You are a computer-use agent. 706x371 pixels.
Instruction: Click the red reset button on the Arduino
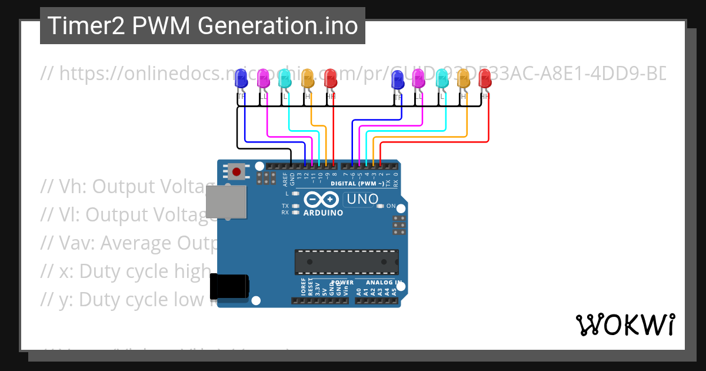pos(237,172)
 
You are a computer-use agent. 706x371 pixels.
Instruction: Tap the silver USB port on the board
pos(225,202)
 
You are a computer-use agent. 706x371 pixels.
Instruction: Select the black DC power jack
pos(230,287)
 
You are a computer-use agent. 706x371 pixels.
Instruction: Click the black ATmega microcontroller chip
pos(347,262)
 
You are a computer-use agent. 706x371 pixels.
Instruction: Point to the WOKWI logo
pos(625,324)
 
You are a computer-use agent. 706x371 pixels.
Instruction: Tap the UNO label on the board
pos(362,199)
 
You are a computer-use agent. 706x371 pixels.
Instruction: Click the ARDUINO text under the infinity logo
pos(323,213)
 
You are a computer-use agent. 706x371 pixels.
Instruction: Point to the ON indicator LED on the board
pos(381,206)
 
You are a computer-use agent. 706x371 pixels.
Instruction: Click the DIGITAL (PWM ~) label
pos(357,183)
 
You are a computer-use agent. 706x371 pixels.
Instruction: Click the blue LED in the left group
pos(241,79)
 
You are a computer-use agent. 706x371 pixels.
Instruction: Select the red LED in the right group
pos(485,78)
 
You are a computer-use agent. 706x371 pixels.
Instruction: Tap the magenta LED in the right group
pos(419,78)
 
